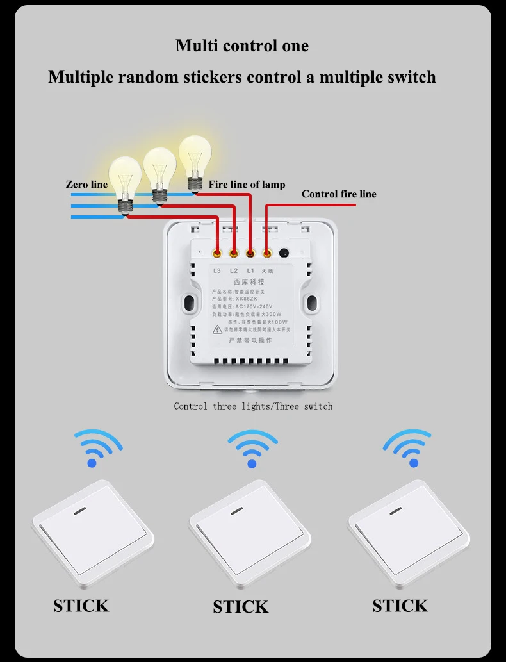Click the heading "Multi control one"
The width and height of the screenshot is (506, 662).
pyautogui.click(x=242, y=46)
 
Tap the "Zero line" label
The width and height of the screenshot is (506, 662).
pyautogui.click(x=86, y=185)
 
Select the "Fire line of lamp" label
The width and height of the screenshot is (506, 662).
pyautogui.click(x=247, y=185)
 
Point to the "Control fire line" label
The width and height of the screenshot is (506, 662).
pyautogui.click(x=339, y=194)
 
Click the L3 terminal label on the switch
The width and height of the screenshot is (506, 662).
pyautogui.click(x=216, y=271)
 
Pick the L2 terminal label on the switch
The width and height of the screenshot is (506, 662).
pyautogui.click(x=234, y=271)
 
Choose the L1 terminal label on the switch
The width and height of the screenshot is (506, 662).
pyautogui.click(x=250, y=271)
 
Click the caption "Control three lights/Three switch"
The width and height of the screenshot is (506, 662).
pyautogui.click(x=253, y=406)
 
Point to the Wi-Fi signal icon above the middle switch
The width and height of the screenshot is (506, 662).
pyautogui.click(x=252, y=447)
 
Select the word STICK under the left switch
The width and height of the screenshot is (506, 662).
pyautogui.click(x=81, y=606)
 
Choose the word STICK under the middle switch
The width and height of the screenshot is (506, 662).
pyautogui.click(x=240, y=607)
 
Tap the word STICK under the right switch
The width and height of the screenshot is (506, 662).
pyautogui.click(x=400, y=606)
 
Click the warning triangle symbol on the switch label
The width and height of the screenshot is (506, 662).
pyautogui.click(x=218, y=329)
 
